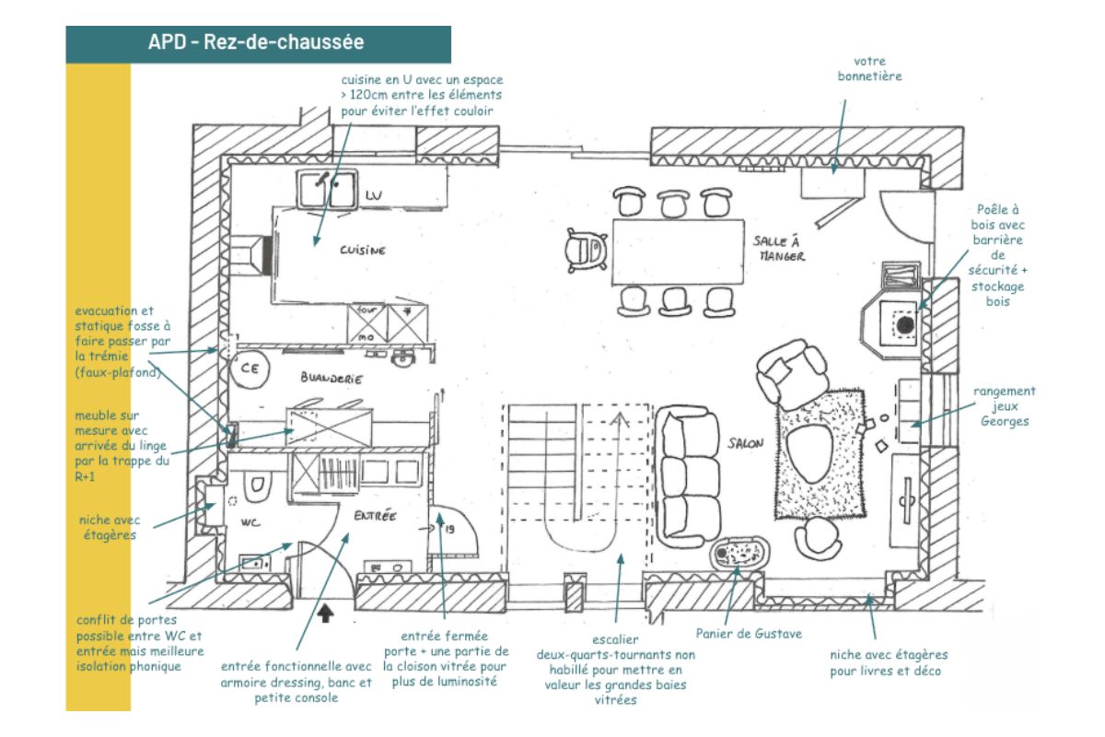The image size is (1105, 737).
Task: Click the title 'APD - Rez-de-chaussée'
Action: tap(256, 42)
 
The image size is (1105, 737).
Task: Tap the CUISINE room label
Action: tap(362, 251)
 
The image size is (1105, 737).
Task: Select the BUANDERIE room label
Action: tap(331, 379)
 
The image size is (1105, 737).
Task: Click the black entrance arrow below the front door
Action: tap(326, 612)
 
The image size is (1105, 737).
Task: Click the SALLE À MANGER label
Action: tap(779, 248)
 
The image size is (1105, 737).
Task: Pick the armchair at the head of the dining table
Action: tap(587, 249)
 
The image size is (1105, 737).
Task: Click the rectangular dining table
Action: tap(677, 252)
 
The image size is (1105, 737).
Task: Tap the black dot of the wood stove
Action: tap(906, 324)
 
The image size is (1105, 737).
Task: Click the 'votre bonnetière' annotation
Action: tap(869, 68)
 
